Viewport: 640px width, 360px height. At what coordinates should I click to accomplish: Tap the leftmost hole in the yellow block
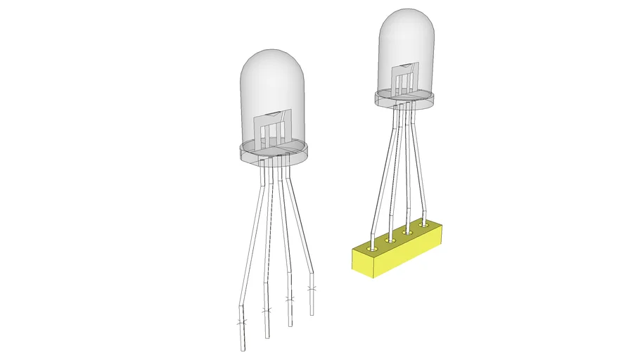(x=372, y=247)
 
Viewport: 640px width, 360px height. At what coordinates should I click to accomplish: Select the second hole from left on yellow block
(x=390, y=240)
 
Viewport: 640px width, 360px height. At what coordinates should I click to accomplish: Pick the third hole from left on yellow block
(x=407, y=231)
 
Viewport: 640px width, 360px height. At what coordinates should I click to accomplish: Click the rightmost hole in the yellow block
(x=423, y=224)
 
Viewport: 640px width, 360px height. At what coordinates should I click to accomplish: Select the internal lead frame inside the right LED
(x=404, y=77)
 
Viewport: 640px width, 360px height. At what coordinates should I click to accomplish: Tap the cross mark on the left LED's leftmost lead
(x=241, y=323)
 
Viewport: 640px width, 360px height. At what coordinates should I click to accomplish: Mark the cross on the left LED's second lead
(x=265, y=311)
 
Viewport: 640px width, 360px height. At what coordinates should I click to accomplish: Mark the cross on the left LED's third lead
(x=289, y=300)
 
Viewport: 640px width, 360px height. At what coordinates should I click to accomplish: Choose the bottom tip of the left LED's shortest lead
(x=312, y=313)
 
